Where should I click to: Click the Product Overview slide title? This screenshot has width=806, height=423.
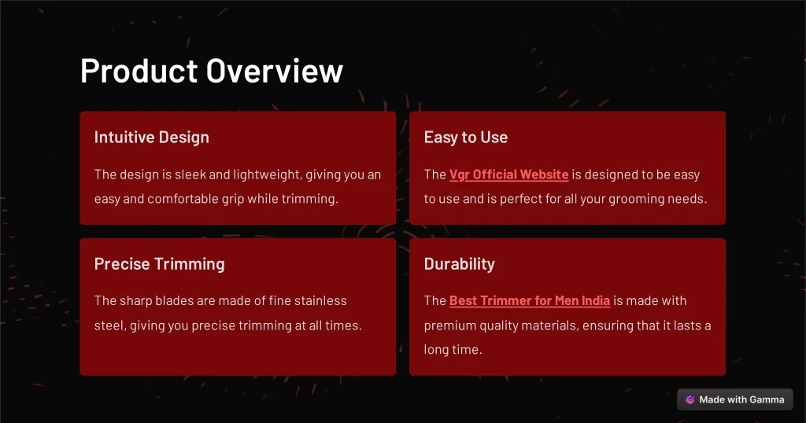coord(211,70)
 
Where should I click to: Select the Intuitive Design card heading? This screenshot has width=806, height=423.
coord(152,138)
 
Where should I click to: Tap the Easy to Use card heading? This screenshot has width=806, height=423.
coord(466,138)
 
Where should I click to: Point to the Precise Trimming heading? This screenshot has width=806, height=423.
coord(159,264)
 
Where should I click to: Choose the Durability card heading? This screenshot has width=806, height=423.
coord(459,264)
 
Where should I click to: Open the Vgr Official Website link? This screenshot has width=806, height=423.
coord(509,175)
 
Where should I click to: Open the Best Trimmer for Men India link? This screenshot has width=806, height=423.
coord(530,301)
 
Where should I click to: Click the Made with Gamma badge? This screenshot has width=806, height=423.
coord(735,399)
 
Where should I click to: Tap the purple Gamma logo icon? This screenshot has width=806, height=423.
coord(690,399)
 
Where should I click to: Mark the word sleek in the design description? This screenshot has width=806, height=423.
coord(190,175)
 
